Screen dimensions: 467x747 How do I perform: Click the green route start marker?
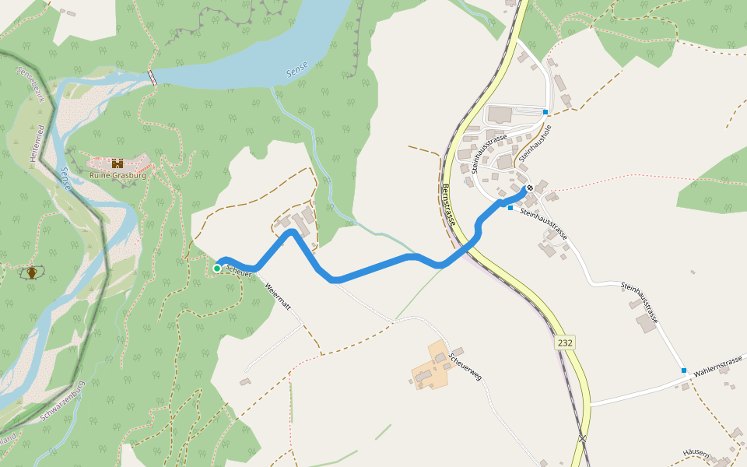coord(216,269)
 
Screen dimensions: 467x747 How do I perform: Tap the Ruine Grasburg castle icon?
coord(117,163)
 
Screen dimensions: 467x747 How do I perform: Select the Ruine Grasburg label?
coord(117,175)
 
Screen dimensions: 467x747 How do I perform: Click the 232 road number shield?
coord(565,342)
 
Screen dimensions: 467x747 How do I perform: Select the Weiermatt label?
coord(278,297)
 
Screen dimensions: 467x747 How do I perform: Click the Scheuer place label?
coord(239,270)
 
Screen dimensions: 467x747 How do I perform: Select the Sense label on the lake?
coord(296,71)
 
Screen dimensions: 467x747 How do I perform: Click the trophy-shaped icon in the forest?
coord(31,272)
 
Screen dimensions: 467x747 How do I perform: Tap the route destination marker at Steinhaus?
coord(530,188)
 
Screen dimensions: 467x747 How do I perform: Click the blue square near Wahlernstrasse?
coord(684,370)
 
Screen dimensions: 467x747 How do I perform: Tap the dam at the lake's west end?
coord(153,76)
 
